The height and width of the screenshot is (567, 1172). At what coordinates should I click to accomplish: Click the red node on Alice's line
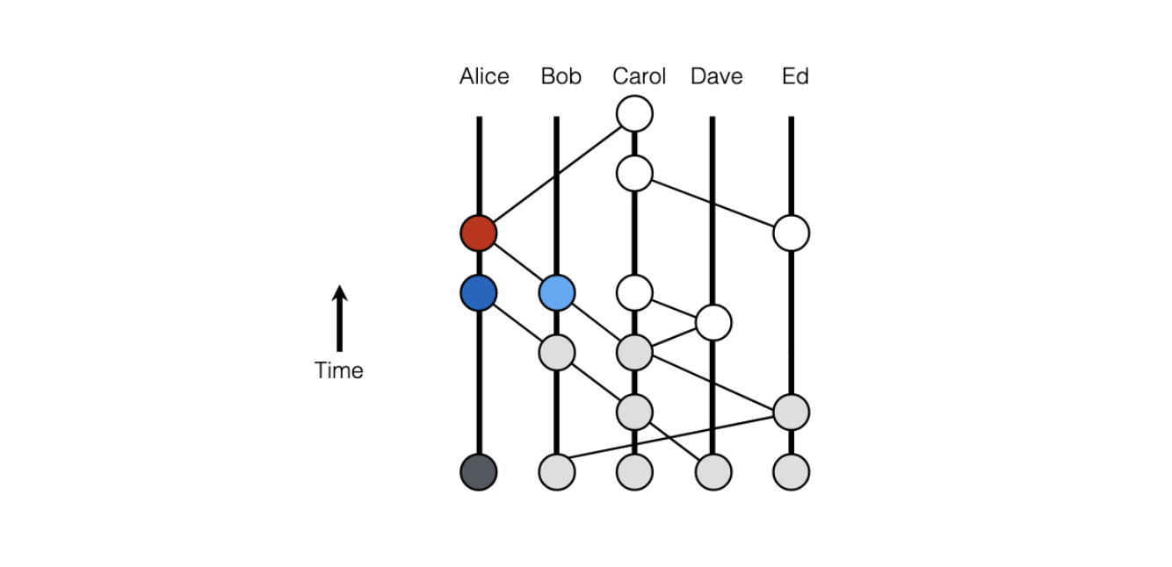click(x=479, y=233)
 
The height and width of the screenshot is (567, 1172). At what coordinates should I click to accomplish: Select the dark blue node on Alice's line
click(x=479, y=293)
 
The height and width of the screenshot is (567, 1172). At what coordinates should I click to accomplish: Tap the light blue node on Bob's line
click(x=557, y=293)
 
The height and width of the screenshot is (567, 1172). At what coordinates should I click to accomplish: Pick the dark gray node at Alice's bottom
click(x=479, y=472)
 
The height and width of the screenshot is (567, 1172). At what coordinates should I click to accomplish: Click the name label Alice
click(x=484, y=77)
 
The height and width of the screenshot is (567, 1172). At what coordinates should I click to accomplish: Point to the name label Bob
click(x=561, y=77)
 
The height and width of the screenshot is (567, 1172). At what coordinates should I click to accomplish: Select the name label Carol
click(x=640, y=77)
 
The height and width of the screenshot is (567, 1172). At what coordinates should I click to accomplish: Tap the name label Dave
click(x=717, y=77)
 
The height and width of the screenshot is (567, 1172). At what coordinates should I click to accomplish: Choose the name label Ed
click(x=795, y=77)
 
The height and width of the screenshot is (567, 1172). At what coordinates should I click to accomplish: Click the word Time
click(x=339, y=370)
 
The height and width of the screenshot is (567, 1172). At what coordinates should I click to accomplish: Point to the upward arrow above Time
click(x=339, y=318)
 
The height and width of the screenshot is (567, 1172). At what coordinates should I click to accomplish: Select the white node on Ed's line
click(x=791, y=233)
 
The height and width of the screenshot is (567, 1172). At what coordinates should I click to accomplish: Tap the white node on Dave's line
click(x=713, y=323)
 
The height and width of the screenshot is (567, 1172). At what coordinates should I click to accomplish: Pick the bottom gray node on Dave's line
click(x=713, y=472)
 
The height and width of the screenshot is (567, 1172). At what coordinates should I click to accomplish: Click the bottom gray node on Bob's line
click(x=557, y=472)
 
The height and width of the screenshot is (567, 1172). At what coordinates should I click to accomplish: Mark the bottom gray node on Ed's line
click(x=791, y=472)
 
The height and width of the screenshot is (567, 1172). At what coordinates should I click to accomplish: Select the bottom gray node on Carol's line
click(x=634, y=472)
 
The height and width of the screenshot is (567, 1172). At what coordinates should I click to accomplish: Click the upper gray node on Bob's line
click(x=557, y=353)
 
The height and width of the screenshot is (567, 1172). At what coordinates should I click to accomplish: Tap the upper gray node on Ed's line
click(x=791, y=412)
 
